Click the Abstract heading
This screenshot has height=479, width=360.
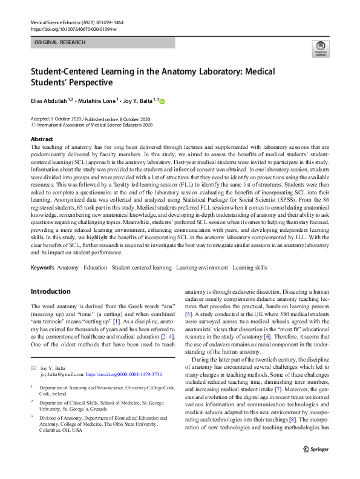pos(42,139)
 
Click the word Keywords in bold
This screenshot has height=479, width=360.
pos(42,266)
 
